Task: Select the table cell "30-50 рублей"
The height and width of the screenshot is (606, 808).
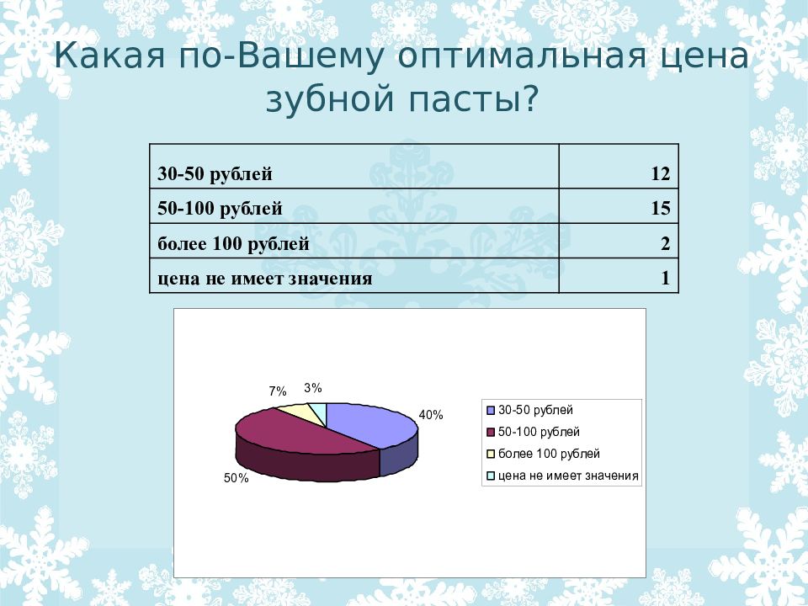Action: (x=215, y=174)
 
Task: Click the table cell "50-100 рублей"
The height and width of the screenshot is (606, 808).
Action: (x=220, y=209)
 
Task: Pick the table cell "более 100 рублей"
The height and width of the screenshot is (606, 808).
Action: (x=233, y=244)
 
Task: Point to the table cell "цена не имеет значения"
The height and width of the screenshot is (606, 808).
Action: (x=264, y=279)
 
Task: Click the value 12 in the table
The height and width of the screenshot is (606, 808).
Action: (x=659, y=174)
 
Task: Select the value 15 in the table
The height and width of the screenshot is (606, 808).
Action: (x=659, y=209)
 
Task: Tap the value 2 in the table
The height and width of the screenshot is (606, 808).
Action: (x=665, y=244)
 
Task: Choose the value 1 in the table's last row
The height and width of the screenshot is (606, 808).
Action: (x=665, y=279)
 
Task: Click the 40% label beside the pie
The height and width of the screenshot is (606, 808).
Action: (x=431, y=415)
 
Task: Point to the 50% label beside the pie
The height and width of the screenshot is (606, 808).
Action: (x=236, y=478)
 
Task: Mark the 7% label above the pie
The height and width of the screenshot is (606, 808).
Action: (x=278, y=391)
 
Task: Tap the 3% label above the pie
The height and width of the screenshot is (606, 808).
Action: (x=313, y=388)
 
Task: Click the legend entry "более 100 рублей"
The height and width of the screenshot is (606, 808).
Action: (x=549, y=454)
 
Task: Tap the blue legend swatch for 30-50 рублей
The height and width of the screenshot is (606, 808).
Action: (x=490, y=411)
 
